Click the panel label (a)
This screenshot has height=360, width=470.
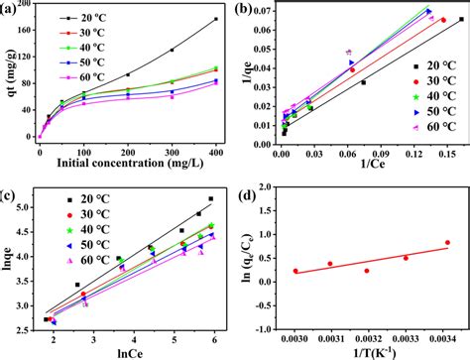13,9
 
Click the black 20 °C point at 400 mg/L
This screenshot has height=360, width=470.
216,20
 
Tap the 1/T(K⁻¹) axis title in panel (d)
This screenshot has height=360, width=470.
367,348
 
